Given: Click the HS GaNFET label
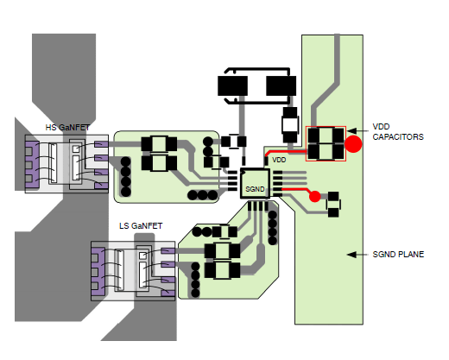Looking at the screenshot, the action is [67, 128].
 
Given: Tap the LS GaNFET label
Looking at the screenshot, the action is [141, 226].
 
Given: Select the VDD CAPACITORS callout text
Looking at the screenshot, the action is [398, 132].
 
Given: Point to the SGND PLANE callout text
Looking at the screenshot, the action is [398, 255].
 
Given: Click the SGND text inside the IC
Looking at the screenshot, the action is [255, 189].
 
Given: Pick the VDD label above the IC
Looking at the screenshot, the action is [279, 160].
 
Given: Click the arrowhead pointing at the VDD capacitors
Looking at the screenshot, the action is [351, 131].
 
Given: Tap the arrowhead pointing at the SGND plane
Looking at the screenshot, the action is [351, 255].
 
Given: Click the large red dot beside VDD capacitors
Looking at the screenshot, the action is [353, 144].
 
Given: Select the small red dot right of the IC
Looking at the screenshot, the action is [315, 196].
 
